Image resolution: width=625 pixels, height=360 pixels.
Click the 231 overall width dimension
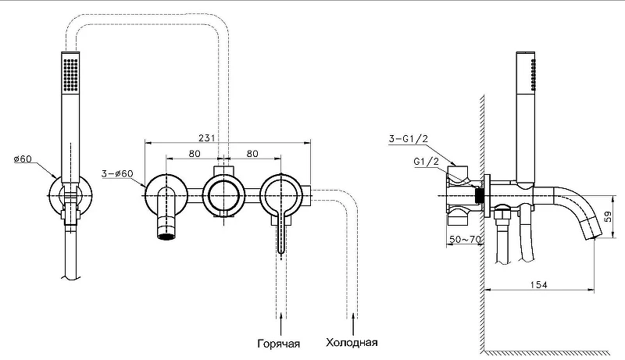coord(206,137)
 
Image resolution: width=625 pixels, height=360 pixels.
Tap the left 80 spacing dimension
coord(195,153)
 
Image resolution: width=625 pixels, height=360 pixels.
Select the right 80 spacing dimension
coord(252,153)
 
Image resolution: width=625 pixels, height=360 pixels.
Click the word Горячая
coord(279,344)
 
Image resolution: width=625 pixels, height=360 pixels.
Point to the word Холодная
coord(352,343)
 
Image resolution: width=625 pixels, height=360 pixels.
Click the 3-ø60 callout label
coord(117,173)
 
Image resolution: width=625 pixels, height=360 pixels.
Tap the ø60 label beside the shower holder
coord(23,159)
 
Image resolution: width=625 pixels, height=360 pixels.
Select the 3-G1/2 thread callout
coord(408,138)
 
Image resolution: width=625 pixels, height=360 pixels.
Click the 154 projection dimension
coord(538,285)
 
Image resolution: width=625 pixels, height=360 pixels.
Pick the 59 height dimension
coord(609,216)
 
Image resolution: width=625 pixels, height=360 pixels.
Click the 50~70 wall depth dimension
coord(465,239)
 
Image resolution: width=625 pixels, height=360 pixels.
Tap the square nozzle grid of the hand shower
coord(70,74)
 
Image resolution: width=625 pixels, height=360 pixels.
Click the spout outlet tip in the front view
coord(166,237)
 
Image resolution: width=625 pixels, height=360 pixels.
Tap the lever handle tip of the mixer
coord(281,251)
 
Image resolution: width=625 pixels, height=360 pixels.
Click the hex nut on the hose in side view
coord(502,215)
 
